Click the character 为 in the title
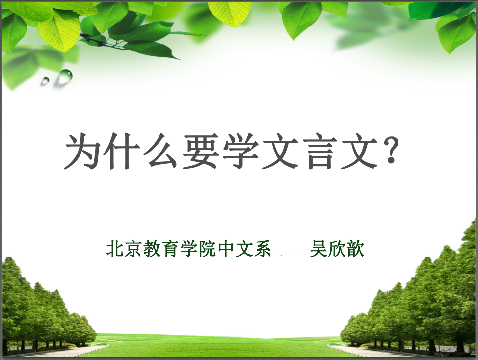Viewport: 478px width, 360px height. (x=81, y=151)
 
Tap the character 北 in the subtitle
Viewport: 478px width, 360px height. (x=115, y=249)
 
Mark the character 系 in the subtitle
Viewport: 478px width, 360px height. (x=263, y=249)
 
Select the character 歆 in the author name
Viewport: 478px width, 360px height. (x=356, y=249)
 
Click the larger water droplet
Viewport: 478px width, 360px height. (x=66, y=76)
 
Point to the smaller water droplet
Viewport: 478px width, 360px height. (x=46, y=81)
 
